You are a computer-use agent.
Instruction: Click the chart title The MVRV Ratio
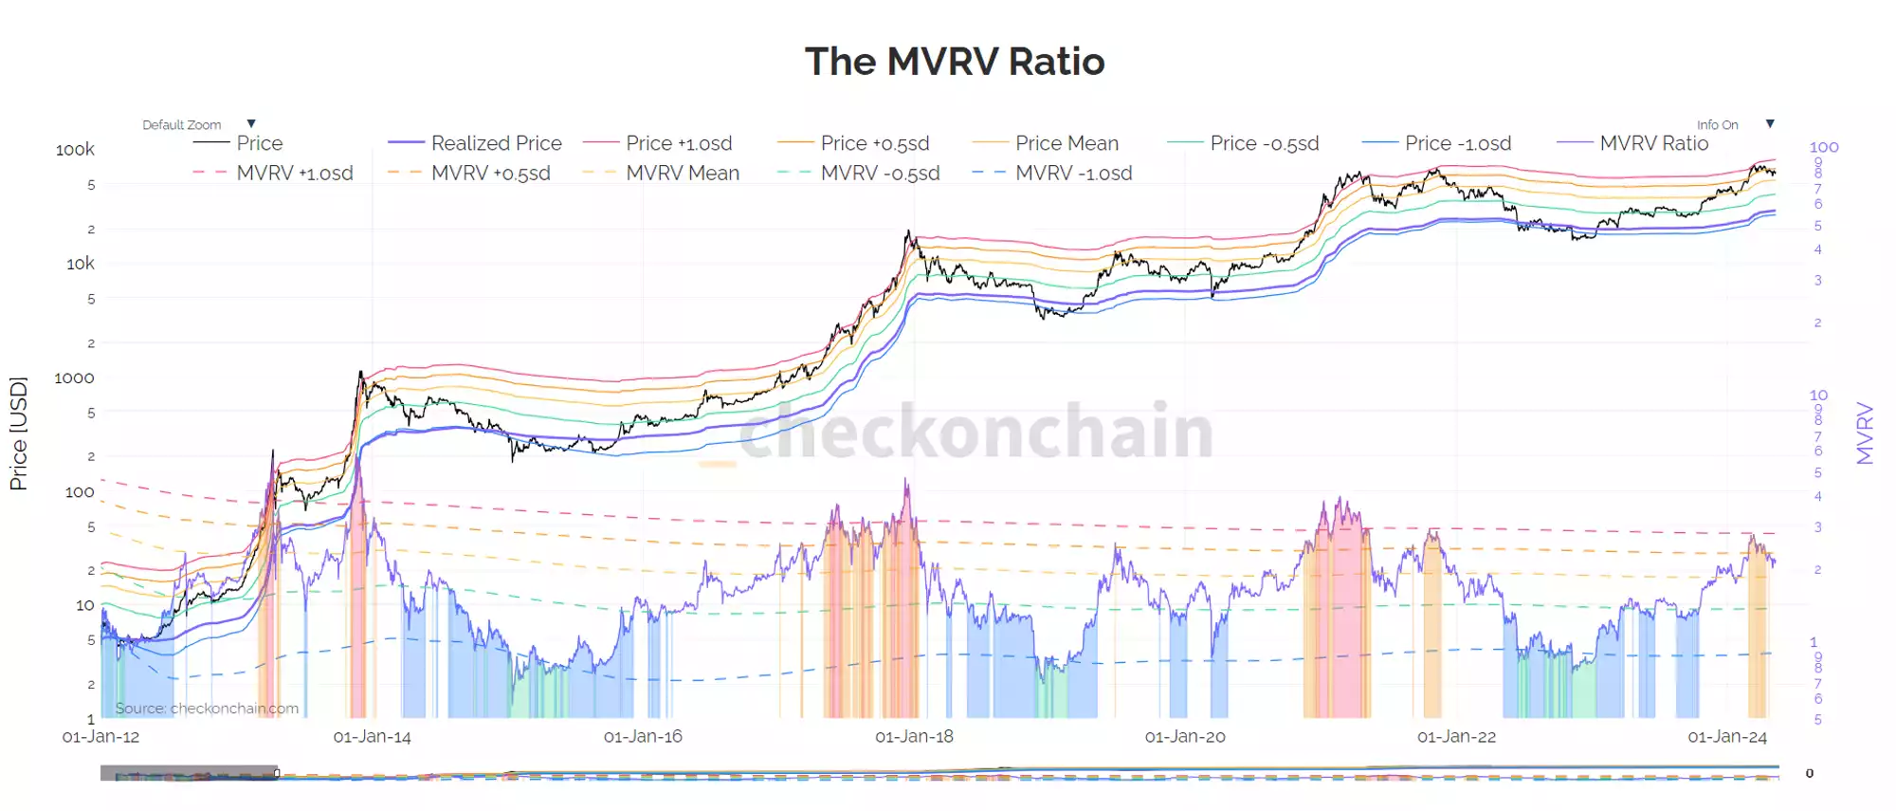coord(955,62)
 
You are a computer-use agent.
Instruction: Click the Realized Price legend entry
coord(496,143)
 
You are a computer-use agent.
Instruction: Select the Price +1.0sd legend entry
coord(679,143)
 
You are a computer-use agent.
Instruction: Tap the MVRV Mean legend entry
coord(682,173)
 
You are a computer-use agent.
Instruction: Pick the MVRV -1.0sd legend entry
coord(1073,173)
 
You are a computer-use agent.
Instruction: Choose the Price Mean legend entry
coord(1066,143)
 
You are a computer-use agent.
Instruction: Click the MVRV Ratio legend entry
coord(1653,143)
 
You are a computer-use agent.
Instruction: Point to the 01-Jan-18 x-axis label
coord(914,736)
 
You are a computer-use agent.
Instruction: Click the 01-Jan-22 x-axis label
coord(1456,736)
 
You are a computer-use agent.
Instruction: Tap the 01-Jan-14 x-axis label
coord(372,736)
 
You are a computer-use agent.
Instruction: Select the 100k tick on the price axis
coord(75,150)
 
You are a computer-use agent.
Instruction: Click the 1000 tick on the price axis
coord(74,378)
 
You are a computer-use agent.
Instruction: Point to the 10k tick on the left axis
coord(80,264)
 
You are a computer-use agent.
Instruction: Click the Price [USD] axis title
coord(18,433)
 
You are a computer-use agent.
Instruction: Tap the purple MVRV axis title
coord(1865,433)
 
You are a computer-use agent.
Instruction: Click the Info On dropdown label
coord(1717,124)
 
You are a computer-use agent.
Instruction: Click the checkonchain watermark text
coord(975,432)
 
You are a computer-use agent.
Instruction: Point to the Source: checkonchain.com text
coord(207,708)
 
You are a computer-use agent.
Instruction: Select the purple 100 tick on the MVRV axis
coord(1823,147)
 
